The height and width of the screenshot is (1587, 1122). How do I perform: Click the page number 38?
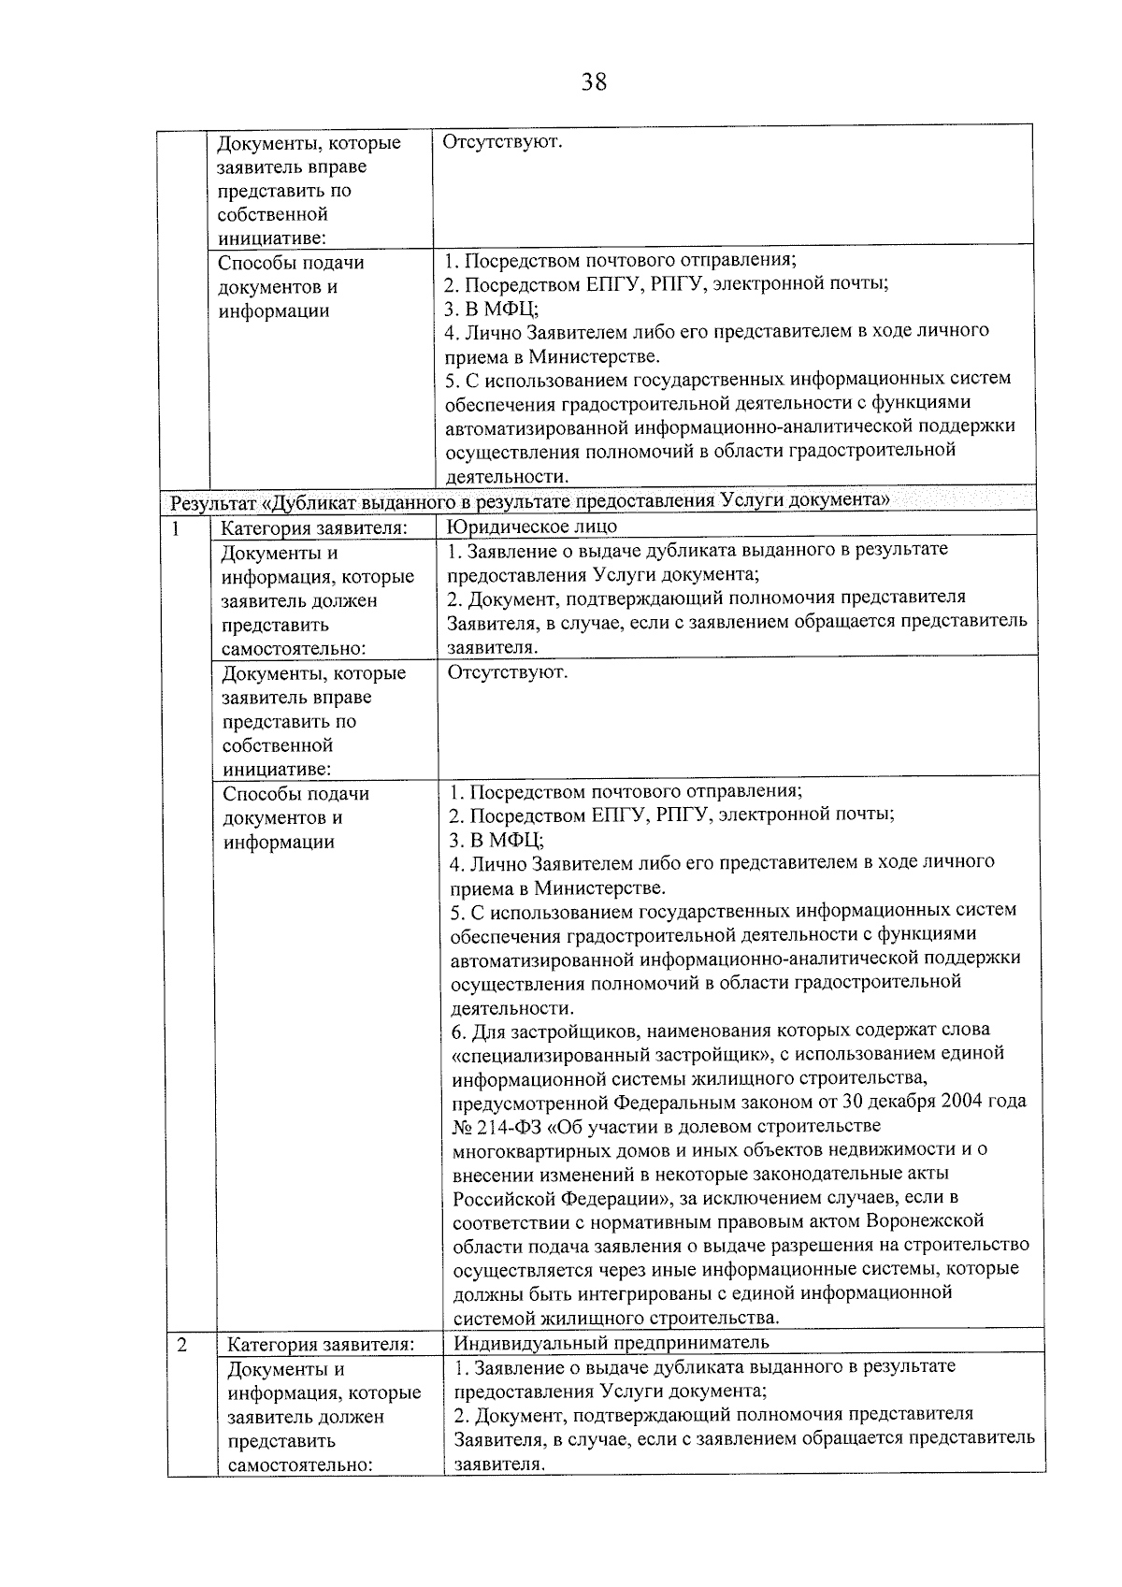click(594, 82)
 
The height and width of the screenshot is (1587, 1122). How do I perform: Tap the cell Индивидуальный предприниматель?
click(611, 1343)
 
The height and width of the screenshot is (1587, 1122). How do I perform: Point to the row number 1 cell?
click(175, 527)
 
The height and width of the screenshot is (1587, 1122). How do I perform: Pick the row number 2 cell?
click(181, 1345)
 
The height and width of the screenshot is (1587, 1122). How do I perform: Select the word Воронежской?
click(925, 1221)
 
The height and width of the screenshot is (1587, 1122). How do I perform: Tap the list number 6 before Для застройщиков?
click(457, 1030)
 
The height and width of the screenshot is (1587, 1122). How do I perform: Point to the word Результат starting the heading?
click(211, 501)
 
